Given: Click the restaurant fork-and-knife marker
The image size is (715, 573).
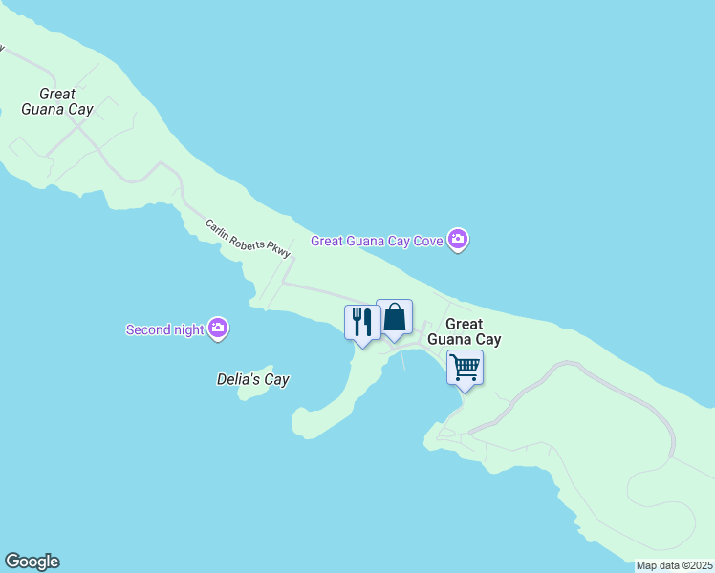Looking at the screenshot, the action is pos(362,322).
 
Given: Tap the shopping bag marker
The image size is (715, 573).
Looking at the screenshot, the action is pos(394,317).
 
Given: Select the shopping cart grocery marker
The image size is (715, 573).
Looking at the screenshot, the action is pos(466,367).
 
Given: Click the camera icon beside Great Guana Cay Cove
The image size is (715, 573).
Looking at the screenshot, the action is pos(458,240).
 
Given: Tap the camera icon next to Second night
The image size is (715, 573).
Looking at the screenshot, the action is pos(218,329).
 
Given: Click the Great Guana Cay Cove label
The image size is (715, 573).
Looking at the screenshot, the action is pos(377,241).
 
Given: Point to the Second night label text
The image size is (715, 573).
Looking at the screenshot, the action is pos(165,330).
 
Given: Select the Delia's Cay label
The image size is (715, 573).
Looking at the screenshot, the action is pos(252,379).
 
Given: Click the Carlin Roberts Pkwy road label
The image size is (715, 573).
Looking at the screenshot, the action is pos(248,239).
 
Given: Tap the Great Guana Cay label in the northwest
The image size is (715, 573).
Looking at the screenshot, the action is pos(67,101).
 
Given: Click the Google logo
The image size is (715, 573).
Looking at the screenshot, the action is pos(32,562).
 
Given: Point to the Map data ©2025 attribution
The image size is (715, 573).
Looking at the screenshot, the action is pos(674,565).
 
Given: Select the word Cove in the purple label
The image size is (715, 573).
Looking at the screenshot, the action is pos(426,241).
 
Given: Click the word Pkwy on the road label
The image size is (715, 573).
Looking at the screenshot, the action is pos(276,250).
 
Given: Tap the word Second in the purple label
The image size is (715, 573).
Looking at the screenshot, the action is pos(149,330).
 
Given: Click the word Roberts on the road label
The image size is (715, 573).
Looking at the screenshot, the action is pos(248,239).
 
